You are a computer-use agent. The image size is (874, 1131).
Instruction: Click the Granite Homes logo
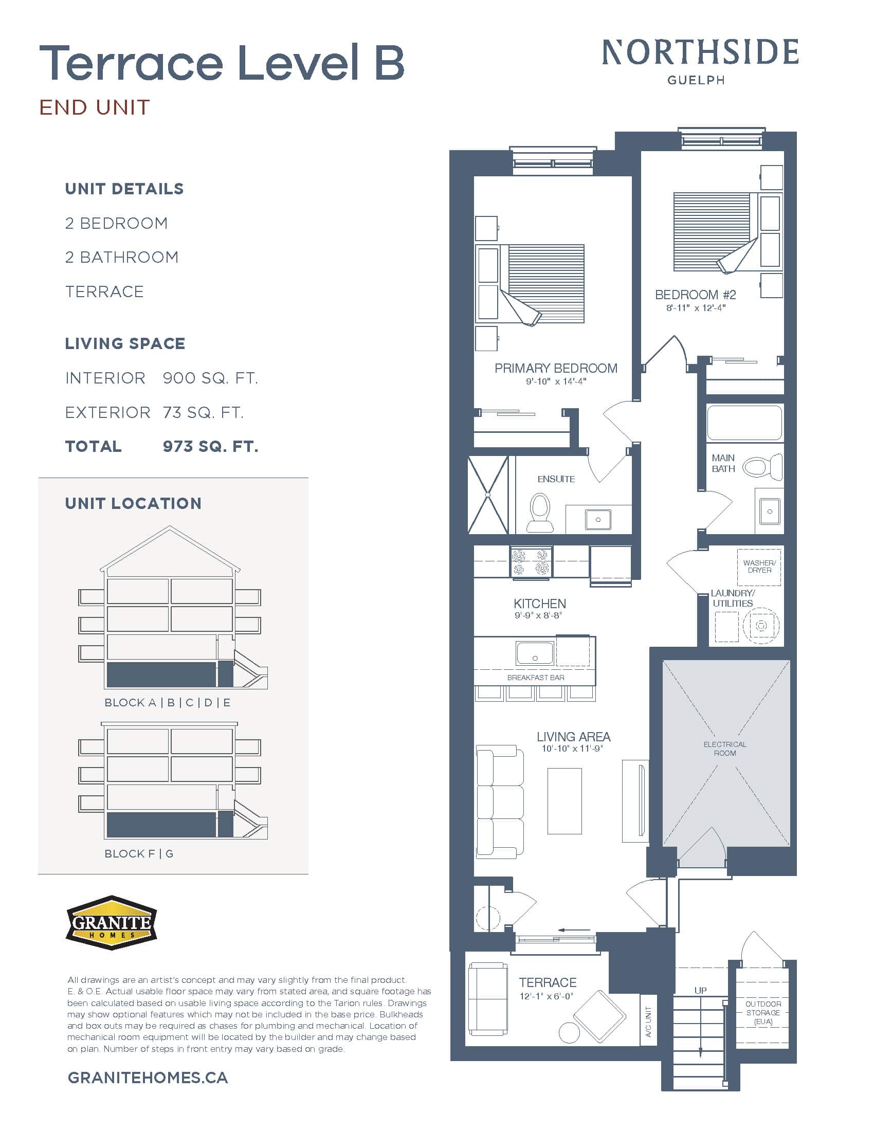112,922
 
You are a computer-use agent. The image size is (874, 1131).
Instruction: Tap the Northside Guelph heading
700,60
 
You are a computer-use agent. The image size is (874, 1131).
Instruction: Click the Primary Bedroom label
556,368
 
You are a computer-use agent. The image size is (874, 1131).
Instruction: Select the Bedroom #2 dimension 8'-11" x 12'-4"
696,307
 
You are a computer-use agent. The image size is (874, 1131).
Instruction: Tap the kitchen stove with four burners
531,562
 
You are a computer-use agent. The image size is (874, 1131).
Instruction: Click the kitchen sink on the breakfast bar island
535,653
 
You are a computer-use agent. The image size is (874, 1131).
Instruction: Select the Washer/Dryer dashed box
758,567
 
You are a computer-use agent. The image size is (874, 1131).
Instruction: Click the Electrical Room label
724,749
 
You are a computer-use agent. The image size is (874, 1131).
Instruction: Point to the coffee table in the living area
565,800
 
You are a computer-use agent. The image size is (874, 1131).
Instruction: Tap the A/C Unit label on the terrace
648,1021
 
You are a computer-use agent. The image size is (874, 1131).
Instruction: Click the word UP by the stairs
700,990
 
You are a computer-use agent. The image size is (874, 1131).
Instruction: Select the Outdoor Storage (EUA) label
762,1012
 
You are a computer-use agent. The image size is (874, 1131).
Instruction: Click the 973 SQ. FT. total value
210,446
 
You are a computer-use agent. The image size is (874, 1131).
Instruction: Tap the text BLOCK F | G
139,853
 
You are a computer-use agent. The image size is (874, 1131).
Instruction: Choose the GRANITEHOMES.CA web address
148,1078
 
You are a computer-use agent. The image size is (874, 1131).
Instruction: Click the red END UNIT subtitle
95,108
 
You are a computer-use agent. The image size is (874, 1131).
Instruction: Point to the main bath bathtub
744,423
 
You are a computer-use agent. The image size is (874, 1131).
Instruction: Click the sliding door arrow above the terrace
574,929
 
